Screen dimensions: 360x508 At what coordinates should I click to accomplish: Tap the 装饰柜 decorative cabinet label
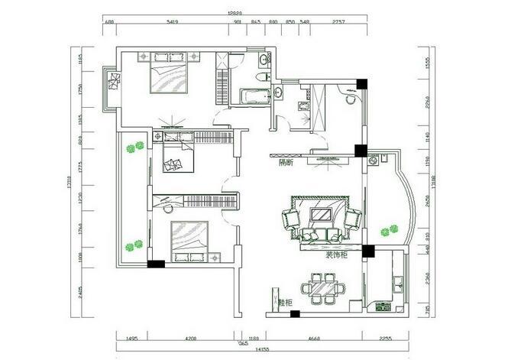pyautogui.click(x=335, y=254)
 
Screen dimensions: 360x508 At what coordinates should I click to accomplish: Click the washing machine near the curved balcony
pyautogui.click(x=374, y=161)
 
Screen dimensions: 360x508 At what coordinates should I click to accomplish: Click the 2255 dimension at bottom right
pyautogui.click(x=387, y=336)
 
